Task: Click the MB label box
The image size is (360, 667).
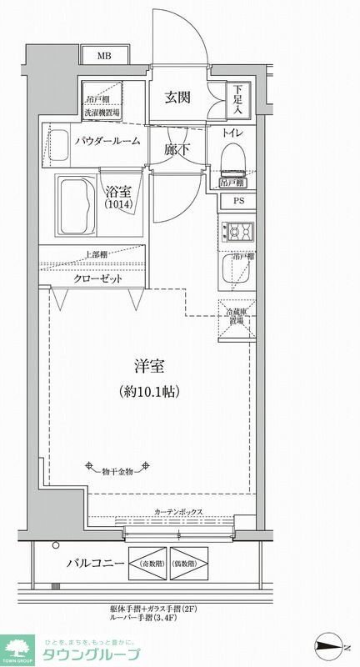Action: (103, 56)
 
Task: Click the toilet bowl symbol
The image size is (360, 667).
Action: (232, 158)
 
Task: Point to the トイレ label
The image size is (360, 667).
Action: (233, 133)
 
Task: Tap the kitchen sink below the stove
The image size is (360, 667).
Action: (235, 266)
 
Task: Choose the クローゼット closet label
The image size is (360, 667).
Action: (97, 279)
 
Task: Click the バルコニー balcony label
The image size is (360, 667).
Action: (95, 564)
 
